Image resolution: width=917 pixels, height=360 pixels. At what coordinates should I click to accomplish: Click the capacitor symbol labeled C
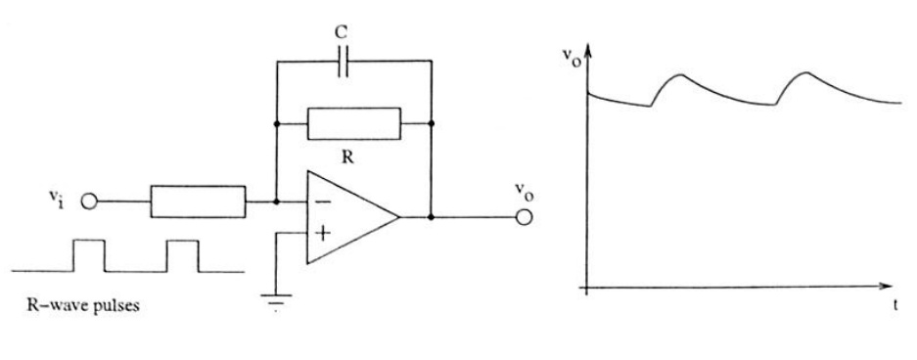343,61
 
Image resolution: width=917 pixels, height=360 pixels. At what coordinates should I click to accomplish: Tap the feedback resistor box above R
354,123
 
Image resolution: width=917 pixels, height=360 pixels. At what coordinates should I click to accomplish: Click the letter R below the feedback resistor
347,157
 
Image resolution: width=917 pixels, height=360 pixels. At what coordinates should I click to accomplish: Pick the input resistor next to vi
198,202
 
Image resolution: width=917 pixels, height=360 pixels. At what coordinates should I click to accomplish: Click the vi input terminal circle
89,202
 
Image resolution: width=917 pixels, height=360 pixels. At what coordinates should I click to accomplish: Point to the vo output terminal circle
524,217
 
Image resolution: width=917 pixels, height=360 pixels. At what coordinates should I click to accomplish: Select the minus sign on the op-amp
323,202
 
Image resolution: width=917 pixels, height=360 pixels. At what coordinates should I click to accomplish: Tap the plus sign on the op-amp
322,233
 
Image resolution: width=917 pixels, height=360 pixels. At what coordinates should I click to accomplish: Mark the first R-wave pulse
89,255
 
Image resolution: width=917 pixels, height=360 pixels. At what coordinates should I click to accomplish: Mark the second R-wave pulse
182,255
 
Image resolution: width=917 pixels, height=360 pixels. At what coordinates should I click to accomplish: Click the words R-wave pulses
83,305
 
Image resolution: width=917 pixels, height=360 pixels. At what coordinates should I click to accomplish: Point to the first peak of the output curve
680,74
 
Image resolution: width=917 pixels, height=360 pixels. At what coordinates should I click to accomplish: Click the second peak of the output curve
806,72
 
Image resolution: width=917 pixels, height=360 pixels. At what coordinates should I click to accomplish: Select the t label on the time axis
895,305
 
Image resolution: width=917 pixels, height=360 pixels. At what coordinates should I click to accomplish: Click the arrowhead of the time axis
887,286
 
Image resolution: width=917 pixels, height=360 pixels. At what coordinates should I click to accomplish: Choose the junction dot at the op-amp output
431,217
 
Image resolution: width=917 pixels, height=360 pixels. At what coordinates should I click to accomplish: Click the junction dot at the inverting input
276,202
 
